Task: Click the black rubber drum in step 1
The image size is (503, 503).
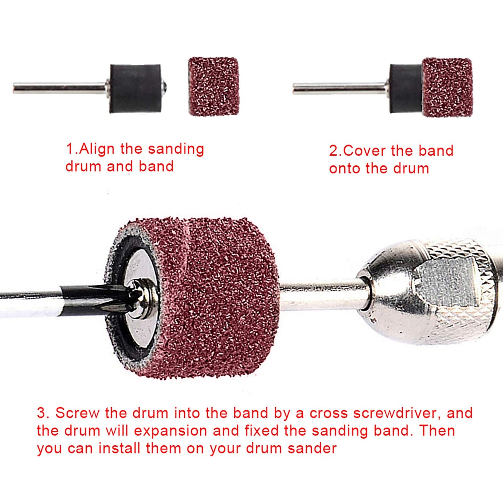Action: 135,88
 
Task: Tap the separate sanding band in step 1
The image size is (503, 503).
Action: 214,86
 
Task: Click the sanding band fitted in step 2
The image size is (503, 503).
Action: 447,87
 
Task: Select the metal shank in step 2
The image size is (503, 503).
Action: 339,89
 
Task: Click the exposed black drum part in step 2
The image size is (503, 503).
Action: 406,88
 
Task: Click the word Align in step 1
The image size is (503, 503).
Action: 97,149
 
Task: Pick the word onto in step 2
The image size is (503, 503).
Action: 345,169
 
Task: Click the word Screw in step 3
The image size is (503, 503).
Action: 77,413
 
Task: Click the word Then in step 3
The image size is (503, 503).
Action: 437,431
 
